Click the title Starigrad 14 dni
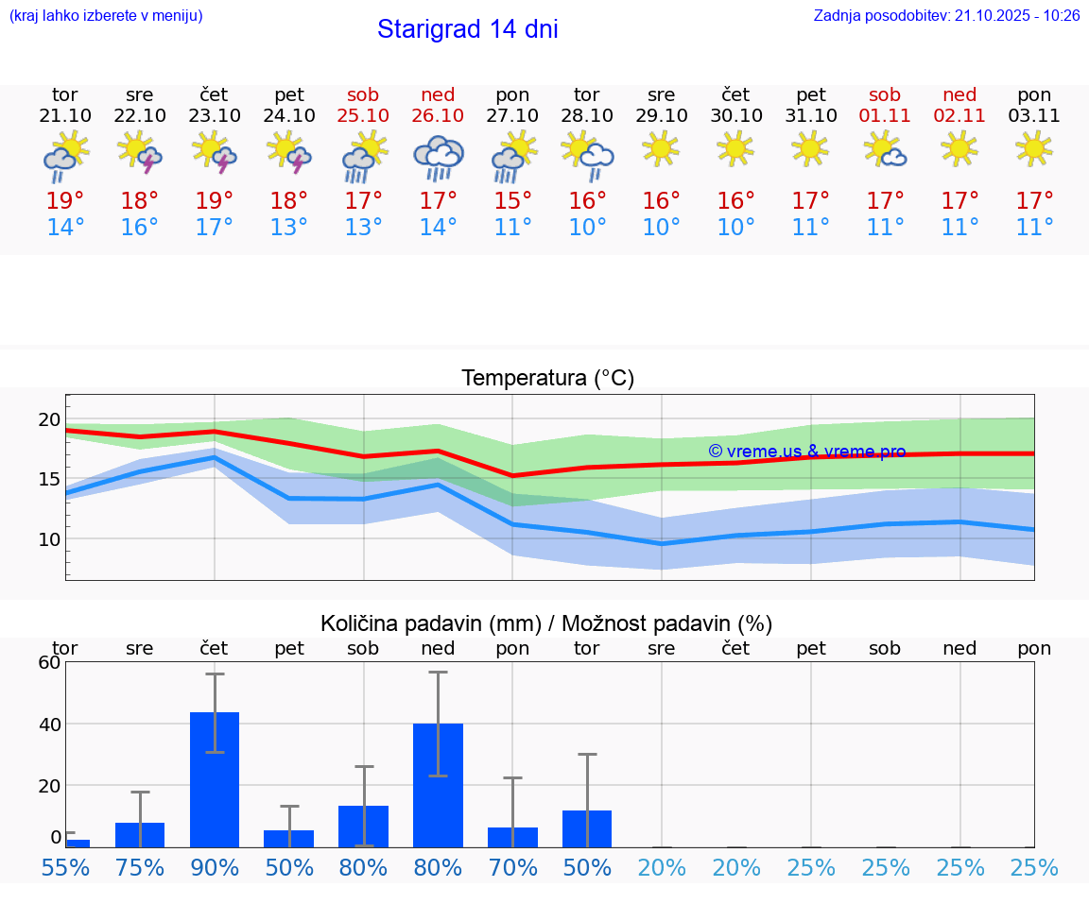[x=467, y=29]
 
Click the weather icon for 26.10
[x=438, y=157]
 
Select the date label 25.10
[x=363, y=116]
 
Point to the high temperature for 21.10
[x=65, y=201]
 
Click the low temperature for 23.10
[x=215, y=228]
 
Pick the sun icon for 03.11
[x=1034, y=148]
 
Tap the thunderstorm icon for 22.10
[x=140, y=152]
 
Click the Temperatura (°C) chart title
[x=547, y=379]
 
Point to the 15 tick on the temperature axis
[x=49, y=479]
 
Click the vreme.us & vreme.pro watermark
[x=806, y=452]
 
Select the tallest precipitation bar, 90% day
[x=215, y=779]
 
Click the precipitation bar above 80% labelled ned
[x=438, y=785]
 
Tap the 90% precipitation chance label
[x=215, y=867]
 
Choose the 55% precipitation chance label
[x=65, y=867]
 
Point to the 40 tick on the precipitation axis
[x=49, y=724]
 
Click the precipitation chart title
[x=546, y=623]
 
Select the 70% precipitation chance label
[x=512, y=867]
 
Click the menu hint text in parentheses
[x=106, y=15]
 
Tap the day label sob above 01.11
[x=885, y=94]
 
